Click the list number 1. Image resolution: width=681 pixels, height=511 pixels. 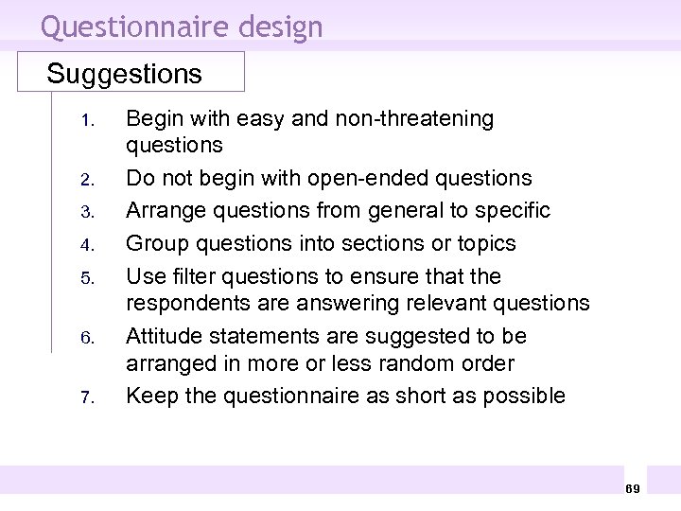click(x=83, y=121)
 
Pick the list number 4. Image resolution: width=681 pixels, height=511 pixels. click(x=83, y=245)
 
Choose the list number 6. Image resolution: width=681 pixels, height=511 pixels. click(x=83, y=338)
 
